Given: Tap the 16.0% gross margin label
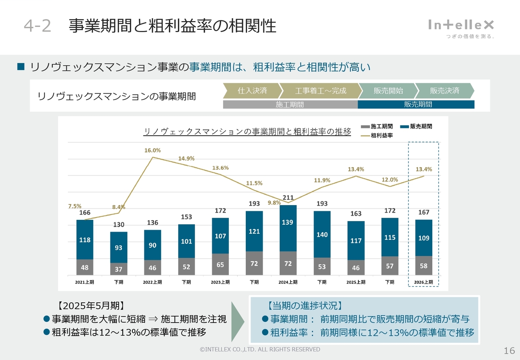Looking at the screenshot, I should [152, 150].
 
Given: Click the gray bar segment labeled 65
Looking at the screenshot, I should [220, 264].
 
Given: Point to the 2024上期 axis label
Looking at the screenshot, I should [288, 282].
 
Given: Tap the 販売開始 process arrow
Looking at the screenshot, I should [388, 91].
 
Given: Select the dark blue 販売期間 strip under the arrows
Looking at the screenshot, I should [416, 104].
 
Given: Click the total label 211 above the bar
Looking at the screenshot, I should [288, 198].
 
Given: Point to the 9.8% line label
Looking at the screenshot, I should [274, 203].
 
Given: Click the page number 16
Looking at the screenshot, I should [509, 351].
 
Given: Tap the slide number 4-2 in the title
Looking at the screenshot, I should [37, 26].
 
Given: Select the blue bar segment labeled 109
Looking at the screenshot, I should [424, 238].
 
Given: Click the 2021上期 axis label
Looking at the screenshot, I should [84, 282].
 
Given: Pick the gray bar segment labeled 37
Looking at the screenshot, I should [119, 269].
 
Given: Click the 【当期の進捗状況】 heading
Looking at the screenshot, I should [305, 306].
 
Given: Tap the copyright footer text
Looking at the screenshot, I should [260, 349].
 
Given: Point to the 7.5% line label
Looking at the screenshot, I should [74, 206].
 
